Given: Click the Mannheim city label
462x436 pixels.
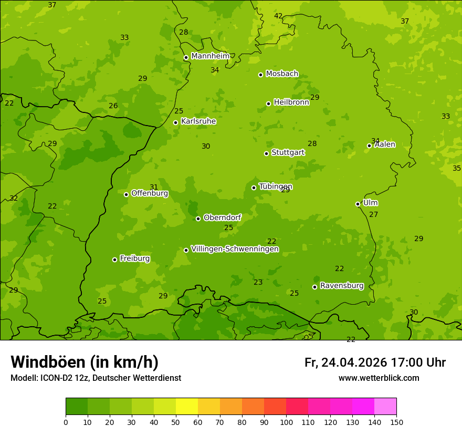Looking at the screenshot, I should point(210,56).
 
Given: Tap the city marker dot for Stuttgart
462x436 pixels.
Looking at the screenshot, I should point(266,153).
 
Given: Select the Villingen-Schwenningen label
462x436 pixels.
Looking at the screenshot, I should point(235,249).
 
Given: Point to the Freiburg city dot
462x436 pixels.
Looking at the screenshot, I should point(114,259).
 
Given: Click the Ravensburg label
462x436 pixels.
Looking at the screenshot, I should point(342,286).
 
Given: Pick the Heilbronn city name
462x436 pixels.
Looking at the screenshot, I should point(291,102).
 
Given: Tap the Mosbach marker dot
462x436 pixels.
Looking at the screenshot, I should point(260,75).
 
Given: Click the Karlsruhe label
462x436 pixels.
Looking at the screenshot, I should point(198,121).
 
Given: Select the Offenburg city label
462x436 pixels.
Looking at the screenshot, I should point(150,193).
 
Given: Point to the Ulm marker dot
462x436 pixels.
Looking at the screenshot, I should point(358,204).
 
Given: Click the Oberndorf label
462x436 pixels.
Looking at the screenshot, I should point(222,217).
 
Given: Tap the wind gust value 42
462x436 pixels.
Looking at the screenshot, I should point(278,16).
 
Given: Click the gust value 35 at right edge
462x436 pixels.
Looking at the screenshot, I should point(457,168).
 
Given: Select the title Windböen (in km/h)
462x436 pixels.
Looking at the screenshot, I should point(85,362).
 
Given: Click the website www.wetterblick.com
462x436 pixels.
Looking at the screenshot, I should point(379,378).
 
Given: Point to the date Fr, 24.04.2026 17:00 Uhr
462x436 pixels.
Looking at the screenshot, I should point(375,362).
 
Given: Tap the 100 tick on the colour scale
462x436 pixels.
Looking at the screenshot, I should point(286,422).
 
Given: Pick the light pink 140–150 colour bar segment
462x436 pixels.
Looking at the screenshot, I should point(385,407).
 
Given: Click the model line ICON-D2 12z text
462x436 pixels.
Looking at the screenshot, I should point(96,378).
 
